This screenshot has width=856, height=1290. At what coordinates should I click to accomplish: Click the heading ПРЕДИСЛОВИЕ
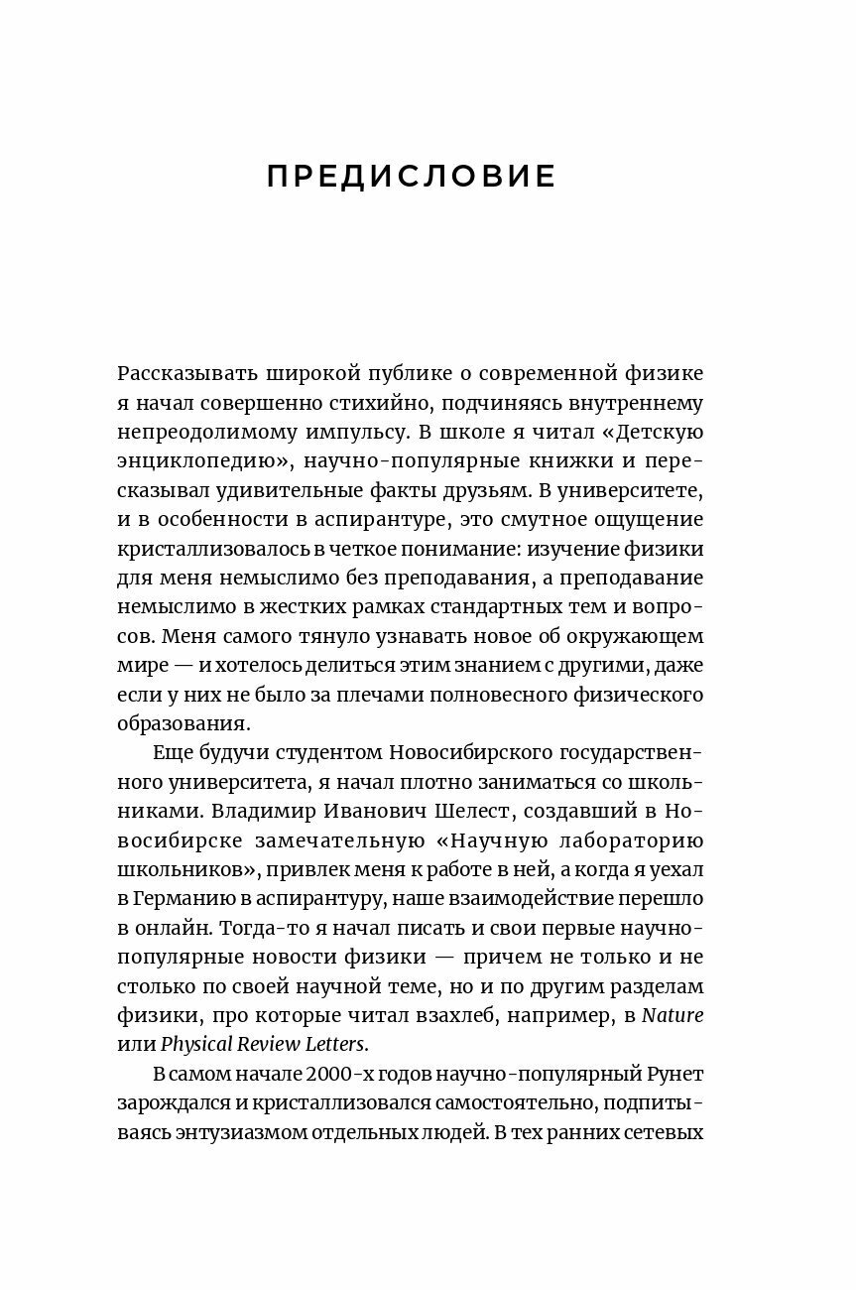click(412, 178)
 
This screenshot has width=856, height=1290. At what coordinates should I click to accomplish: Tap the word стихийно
click(377, 403)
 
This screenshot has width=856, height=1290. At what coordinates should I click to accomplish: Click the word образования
click(183, 722)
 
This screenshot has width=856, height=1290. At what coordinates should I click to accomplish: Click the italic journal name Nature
click(673, 1014)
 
